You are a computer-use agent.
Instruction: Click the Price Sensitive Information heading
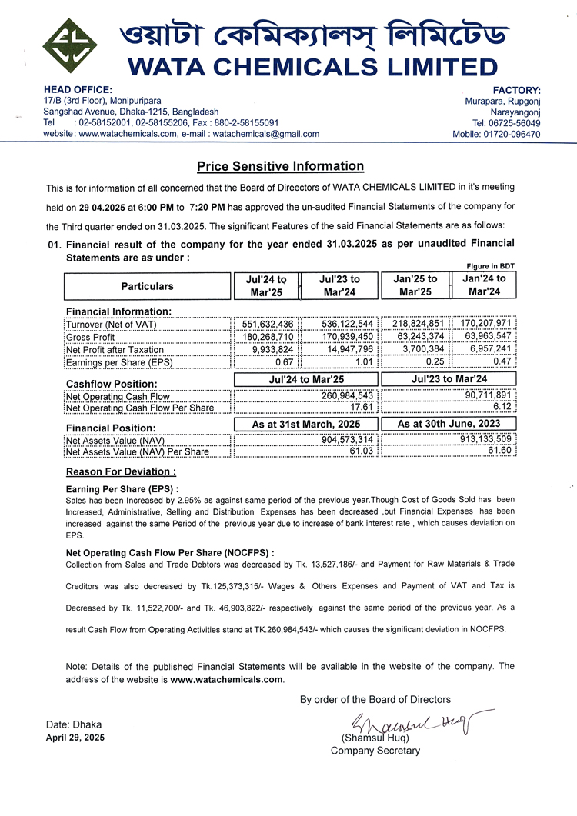[280, 166]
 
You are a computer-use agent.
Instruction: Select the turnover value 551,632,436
[263, 325]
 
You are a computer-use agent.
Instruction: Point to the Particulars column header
[147, 286]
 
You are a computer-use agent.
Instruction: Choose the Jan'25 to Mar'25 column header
[415, 286]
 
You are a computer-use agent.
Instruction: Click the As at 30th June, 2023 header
[449, 424]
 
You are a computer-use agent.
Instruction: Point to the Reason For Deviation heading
[121, 471]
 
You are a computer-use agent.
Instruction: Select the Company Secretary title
[375, 751]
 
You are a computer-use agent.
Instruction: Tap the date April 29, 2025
[75, 738]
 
